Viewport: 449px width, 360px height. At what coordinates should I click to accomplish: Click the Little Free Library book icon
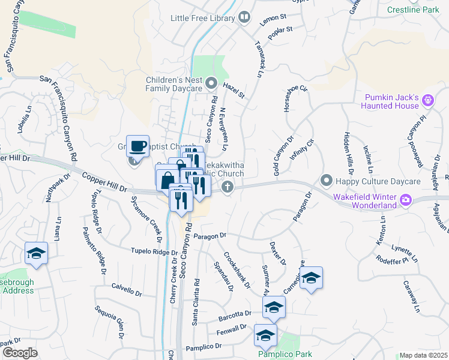pyautogui.click(x=244, y=18)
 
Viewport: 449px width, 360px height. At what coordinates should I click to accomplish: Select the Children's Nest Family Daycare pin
pyautogui.click(x=211, y=83)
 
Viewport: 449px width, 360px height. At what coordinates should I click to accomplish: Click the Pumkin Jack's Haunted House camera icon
pyautogui.click(x=428, y=100)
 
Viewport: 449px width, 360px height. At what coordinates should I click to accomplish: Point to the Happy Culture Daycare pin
pyautogui.click(x=327, y=179)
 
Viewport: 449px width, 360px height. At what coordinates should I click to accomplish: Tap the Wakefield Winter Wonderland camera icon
pyautogui.click(x=406, y=200)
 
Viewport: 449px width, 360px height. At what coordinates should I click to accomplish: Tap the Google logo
pyautogui.click(x=20, y=353)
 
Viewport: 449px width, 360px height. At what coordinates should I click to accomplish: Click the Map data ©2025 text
pyautogui.click(x=424, y=355)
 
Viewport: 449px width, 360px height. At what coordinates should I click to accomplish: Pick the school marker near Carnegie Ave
pyautogui.click(x=311, y=278)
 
